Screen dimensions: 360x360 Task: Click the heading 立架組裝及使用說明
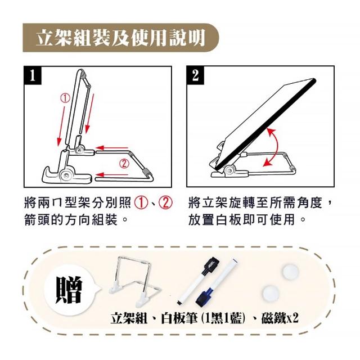pyautogui.click(x=120, y=38)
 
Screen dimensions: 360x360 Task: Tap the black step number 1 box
pyautogui.click(x=33, y=75)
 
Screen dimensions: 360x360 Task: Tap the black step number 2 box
pyautogui.click(x=195, y=75)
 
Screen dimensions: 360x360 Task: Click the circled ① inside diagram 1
pyautogui.click(x=65, y=98)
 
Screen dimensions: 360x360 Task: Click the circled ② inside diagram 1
pyautogui.click(x=124, y=164)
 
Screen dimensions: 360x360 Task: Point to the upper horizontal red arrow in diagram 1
pyautogui.click(x=112, y=147)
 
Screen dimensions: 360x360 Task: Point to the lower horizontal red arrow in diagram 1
pyautogui.click(x=112, y=175)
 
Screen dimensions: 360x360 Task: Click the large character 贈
pyautogui.click(x=69, y=290)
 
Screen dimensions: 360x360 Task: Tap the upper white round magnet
pyautogui.click(x=291, y=272)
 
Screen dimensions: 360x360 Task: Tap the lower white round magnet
pyautogui.click(x=271, y=294)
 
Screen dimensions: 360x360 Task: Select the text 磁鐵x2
pyautogui.click(x=280, y=318)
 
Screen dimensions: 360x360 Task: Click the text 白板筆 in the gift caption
pyautogui.click(x=179, y=318)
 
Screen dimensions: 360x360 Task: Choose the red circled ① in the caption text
pyautogui.click(x=141, y=203)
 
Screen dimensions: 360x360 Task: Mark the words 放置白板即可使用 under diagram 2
pyautogui.click(x=242, y=220)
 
